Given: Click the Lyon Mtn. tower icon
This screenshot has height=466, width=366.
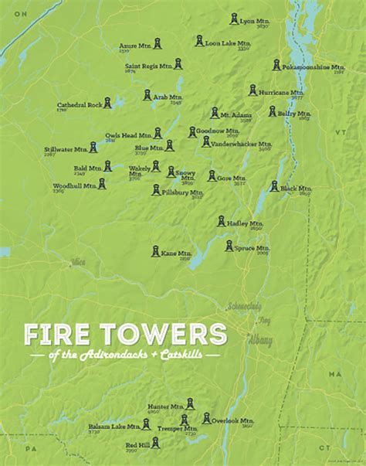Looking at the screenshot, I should tap(234, 19).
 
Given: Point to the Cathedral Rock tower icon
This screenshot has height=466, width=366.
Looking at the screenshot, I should tap(108, 102).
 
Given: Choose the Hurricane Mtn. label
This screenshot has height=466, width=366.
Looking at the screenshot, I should tap(281, 92).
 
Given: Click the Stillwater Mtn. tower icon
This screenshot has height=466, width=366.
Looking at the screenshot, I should tap(93, 146).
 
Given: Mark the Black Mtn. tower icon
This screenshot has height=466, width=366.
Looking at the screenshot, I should tap(274, 186).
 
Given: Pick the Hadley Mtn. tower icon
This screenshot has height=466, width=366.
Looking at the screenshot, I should tap(222, 222).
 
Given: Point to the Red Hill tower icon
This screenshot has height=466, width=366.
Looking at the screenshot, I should tap(155, 443).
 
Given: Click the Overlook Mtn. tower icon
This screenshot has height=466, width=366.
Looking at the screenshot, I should tap(206, 417).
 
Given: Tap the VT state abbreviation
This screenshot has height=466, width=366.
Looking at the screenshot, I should tap(337, 132).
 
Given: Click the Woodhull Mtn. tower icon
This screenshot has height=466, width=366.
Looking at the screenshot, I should tap(102, 184).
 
